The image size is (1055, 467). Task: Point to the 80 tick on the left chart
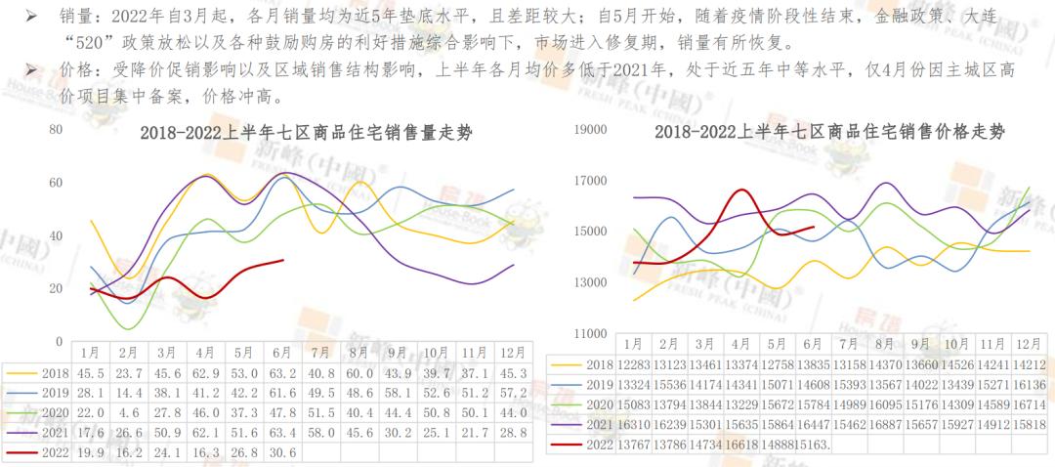(56, 130)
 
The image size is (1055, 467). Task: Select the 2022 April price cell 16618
(740, 445)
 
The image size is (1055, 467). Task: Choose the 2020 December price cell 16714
(1029, 404)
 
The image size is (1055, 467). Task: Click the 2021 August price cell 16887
(885, 425)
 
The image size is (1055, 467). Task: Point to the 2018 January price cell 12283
(633, 364)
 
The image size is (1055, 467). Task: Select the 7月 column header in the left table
(318, 352)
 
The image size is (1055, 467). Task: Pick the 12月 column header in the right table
(1029, 344)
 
